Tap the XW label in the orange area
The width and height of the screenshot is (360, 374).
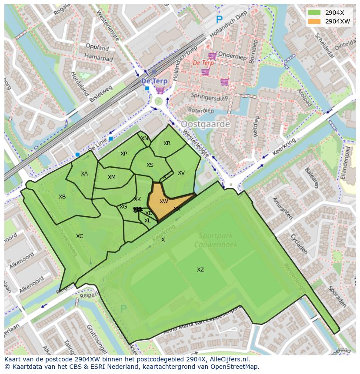point(163,202)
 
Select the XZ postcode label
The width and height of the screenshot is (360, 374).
point(200,270)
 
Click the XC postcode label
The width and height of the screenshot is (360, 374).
point(80,236)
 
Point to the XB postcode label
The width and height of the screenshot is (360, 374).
point(62,197)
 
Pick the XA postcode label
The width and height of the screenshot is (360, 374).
point(84,174)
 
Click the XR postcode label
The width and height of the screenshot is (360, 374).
point(167,143)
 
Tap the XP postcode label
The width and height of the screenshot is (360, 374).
point(123,154)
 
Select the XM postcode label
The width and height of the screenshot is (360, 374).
point(112,177)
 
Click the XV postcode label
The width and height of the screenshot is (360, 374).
point(181,173)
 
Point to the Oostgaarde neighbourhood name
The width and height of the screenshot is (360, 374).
point(205,124)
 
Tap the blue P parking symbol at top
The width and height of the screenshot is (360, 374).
point(219,20)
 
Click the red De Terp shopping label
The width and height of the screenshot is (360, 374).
point(203,63)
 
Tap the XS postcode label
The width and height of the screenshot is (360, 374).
point(150,165)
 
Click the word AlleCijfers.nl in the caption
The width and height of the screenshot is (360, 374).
point(228,359)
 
